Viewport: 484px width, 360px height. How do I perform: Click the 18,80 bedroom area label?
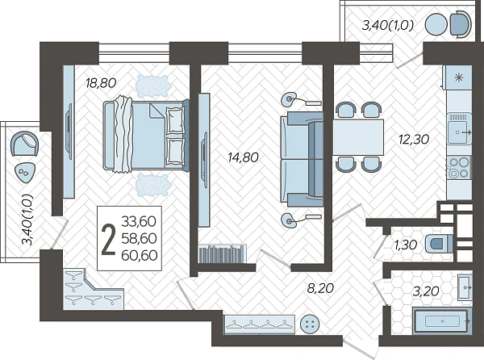pos(101,83)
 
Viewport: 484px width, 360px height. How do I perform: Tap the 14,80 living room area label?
pos(243,157)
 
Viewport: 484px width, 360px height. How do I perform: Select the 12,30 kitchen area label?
pos(414,140)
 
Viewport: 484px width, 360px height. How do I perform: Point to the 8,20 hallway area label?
pos(320,288)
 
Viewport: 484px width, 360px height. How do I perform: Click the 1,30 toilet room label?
pos(406,245)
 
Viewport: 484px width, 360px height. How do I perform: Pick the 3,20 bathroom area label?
pos(426,291)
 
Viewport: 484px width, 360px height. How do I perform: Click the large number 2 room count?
pos(108,240)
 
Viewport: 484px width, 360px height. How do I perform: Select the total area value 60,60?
pos(140,255)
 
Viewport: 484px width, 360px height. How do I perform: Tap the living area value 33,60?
pos(139,221)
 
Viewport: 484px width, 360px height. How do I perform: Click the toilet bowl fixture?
pos(439,244)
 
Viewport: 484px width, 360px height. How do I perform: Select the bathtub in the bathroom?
pos(442,321)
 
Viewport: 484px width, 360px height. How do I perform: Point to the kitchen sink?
pos(459,129)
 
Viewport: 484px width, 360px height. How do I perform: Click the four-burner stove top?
pos(459,168)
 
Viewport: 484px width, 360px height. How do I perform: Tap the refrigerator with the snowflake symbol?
pos(458,77)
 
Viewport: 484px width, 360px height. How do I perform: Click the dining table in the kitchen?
pos(358,137)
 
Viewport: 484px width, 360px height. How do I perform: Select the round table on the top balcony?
pos(436,24)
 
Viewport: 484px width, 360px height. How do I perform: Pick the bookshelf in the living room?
pos(223,253)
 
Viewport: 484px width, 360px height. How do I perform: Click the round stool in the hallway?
pos(310,324)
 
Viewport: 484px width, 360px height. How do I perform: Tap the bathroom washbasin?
pos(465,287)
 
